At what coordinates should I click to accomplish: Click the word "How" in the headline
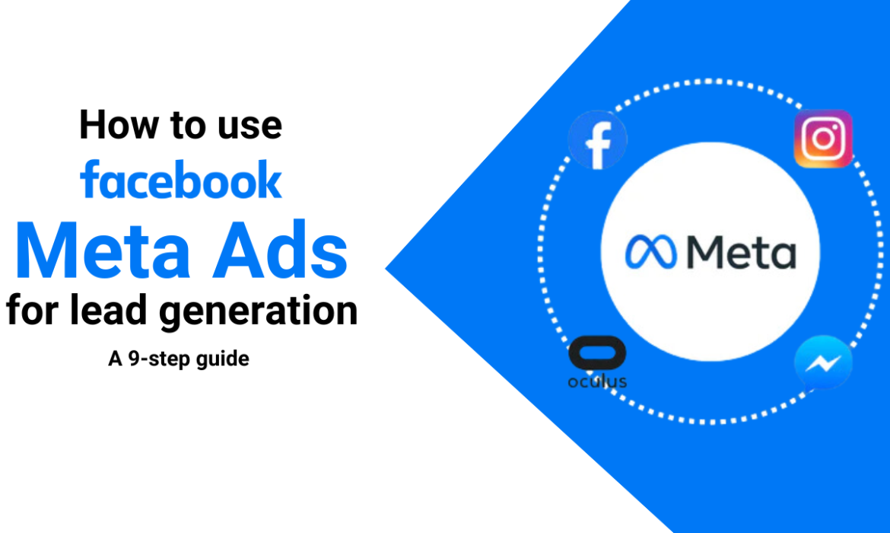[x=112, y=126]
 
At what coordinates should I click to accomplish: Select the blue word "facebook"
[x=181, y=181]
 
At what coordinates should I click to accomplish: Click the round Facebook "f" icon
[x=598, y=142]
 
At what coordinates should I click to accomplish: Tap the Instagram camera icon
[x=823, y=139]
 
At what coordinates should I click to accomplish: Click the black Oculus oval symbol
[x=596, y=356]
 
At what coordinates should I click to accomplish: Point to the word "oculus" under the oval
[x=597, y=381]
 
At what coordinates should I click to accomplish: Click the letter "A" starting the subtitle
[x=115, y=358]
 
